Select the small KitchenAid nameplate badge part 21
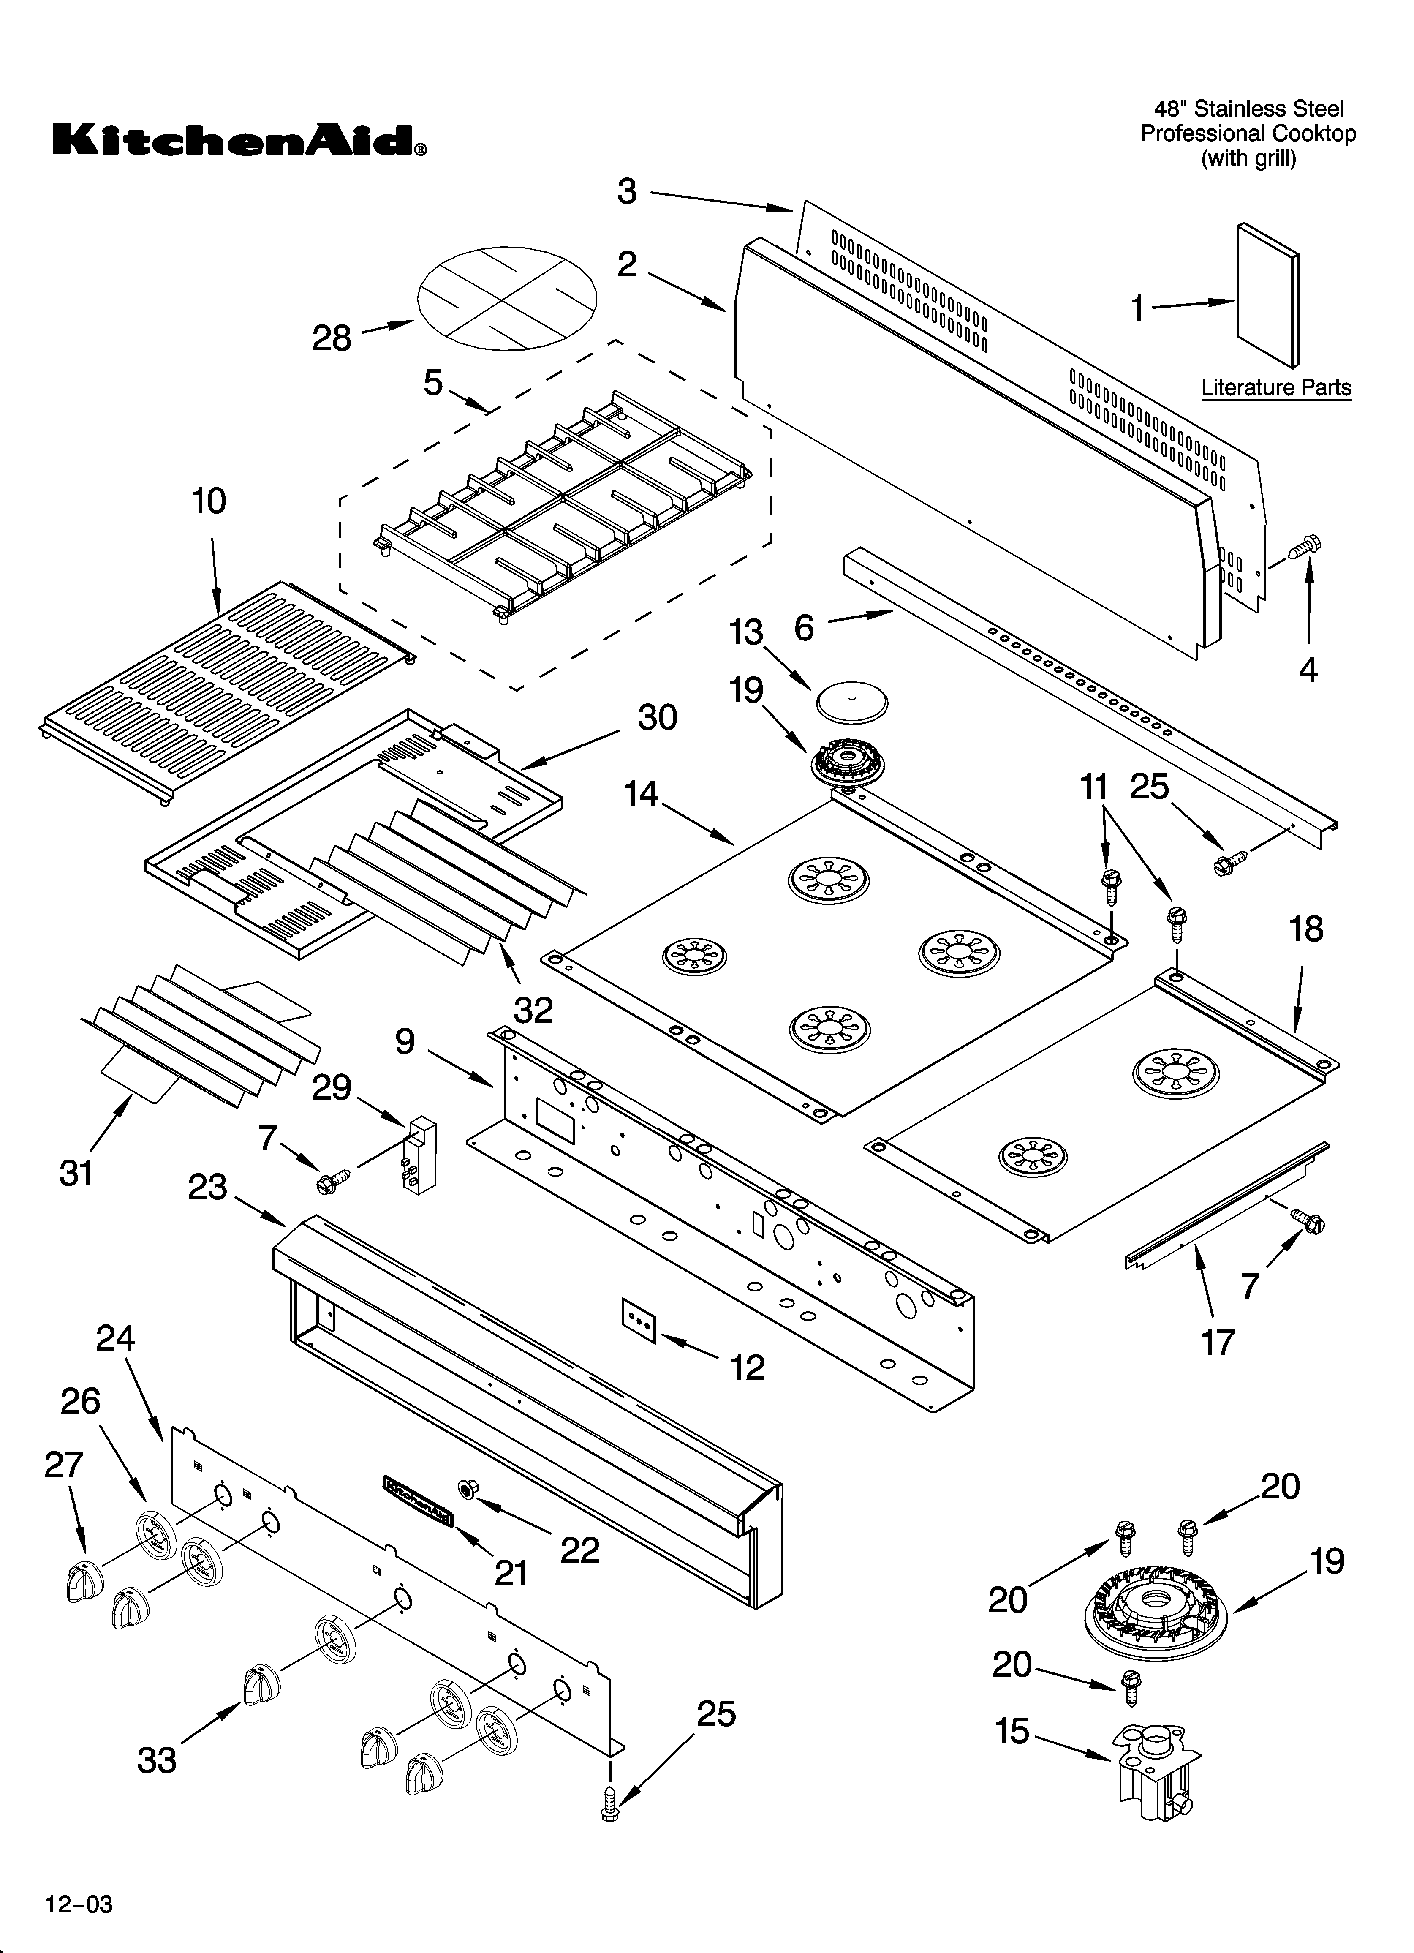418,1501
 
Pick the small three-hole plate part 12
639,1322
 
